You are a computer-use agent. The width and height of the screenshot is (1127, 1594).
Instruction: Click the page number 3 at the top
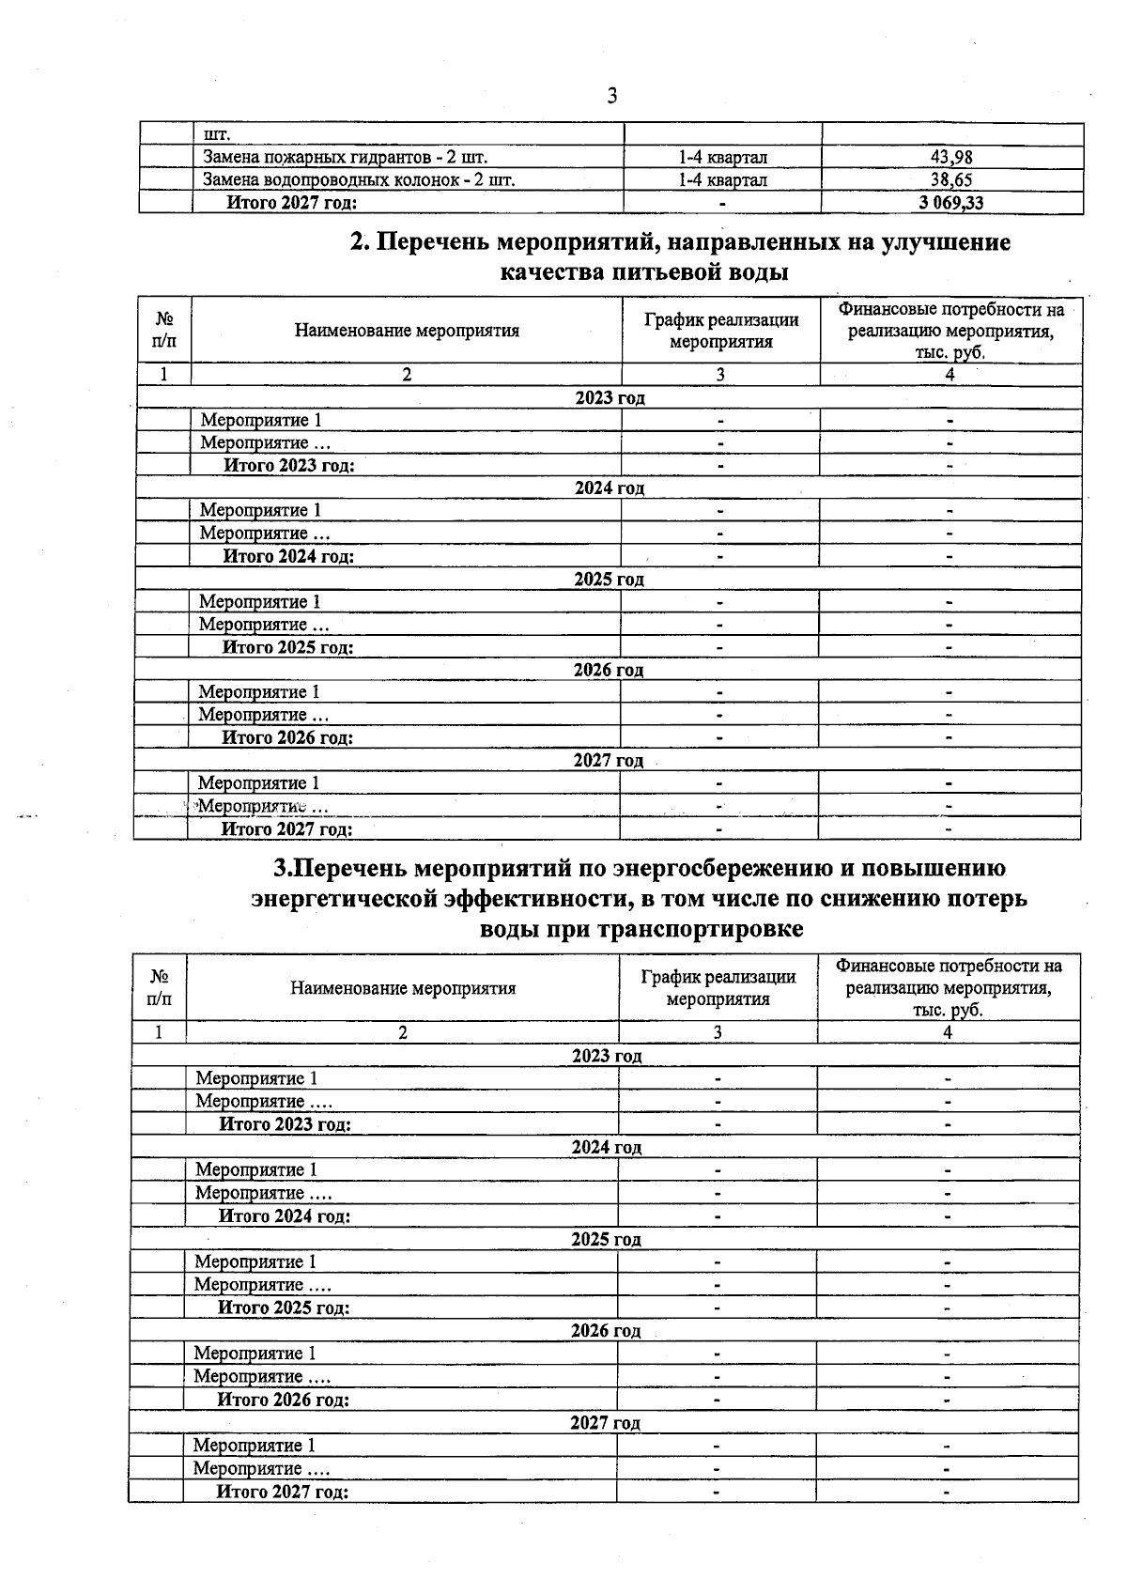click(612, 96)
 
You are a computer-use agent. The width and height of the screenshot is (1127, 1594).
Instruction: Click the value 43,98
click(951, 158)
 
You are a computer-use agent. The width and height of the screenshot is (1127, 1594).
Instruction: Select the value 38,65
click(951, 180)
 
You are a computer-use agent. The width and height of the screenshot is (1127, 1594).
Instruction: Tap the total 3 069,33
click(951, 203)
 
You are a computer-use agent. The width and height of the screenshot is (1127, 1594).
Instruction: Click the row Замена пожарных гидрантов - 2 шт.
click(345, 158)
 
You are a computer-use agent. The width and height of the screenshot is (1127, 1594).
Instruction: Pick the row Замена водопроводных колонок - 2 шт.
click(359, 180)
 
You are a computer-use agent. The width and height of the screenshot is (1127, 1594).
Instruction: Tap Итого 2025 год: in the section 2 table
click(287, 647)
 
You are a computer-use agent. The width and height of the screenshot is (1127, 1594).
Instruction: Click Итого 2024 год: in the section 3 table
click(285, 1216)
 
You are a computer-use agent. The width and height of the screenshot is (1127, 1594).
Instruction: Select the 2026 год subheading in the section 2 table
click(609, 670)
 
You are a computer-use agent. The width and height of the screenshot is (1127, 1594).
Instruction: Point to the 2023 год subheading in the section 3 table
click(607, 1056)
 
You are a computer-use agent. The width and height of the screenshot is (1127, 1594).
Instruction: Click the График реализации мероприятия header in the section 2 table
click(720, 331)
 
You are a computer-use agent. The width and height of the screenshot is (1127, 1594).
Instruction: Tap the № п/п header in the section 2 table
click(163, 331)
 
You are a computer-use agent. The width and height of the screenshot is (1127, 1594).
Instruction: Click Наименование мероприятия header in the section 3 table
click(403, 988)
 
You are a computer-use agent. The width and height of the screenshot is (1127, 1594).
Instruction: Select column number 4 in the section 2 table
click(949, 375)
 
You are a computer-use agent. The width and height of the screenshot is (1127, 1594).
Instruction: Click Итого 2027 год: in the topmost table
click(291, 203)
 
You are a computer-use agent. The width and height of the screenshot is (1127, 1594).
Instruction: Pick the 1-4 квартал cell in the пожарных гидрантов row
click(722, 158)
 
